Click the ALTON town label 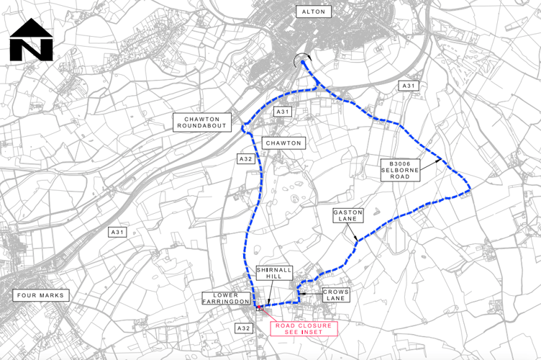point(314,12)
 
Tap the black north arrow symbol point(31,40)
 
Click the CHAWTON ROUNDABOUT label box point(202,122)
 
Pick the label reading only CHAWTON point(283,143)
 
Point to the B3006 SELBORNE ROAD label point(401,170)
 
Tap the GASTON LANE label point(349,215)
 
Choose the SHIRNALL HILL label point(273,274)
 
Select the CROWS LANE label point(333,294)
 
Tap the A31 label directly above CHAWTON point(282,112)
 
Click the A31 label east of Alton point(409,86)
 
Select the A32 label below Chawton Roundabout point(245,158)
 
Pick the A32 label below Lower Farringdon point(245,328)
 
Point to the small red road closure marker point(258,308)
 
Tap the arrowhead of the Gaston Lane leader point(358,240)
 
